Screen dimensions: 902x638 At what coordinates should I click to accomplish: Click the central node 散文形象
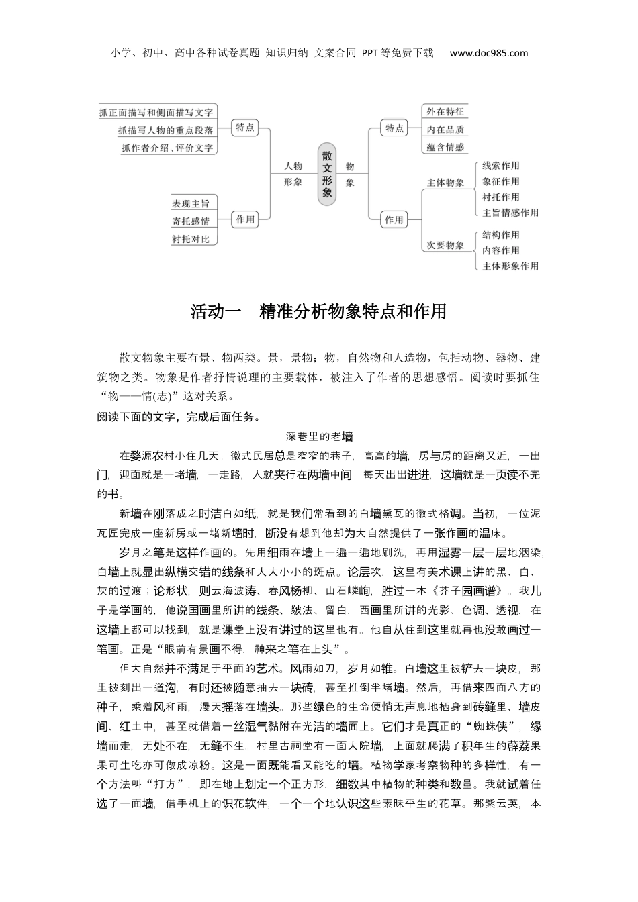click(x=327, y=173)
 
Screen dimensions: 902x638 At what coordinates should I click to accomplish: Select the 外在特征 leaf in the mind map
click(x=445, y=111)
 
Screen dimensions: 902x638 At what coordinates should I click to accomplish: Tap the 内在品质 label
click(x=445, y=129)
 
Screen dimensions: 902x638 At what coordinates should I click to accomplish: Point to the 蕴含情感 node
click(x=445, y=146)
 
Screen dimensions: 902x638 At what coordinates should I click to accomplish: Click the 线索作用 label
click(x=500, y=166)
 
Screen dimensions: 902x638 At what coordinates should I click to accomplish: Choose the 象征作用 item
click(x=500, y=181)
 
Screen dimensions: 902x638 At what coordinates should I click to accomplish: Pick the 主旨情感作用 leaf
click(x=510, y=213)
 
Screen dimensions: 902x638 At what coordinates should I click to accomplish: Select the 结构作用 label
click(x=500, y=235)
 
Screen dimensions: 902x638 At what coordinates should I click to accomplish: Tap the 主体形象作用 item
click(x=510, y=266)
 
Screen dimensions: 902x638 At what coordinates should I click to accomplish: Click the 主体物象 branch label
click(x=445, y=182)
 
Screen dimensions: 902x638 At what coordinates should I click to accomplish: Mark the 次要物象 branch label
click(x=445, y=245)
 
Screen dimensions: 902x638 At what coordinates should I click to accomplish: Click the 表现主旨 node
click(x=190, y=203)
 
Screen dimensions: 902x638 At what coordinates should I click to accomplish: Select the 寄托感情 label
click(x=190, y=221)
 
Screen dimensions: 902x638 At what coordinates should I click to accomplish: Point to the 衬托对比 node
click(x=190, y=238)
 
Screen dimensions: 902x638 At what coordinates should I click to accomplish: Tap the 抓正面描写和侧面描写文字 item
click(x=156, y=112)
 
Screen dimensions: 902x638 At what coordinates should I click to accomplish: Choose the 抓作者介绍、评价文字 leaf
click(x=167, y=148)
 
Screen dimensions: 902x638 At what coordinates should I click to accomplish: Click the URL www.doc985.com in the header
click(x=488, y=53)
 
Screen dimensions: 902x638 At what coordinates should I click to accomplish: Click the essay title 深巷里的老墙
click(x=319, y=436)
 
